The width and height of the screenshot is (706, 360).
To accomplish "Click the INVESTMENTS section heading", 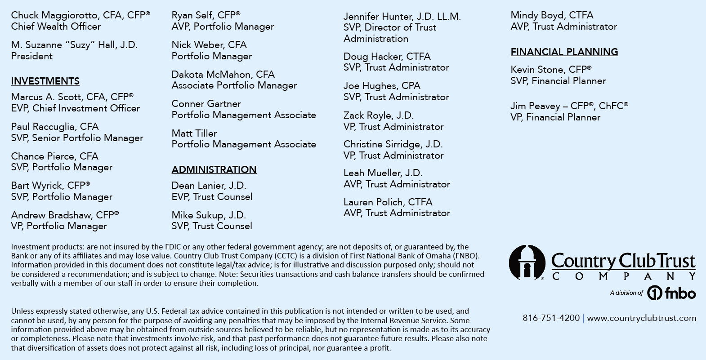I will (45, 81).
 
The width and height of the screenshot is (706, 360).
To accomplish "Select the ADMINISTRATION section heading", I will (214, 170).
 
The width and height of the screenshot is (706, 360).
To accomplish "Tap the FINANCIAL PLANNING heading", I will (564, 52).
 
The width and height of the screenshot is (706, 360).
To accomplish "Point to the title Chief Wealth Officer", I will (56, 27).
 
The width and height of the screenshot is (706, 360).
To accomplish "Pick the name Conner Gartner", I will (206, 104).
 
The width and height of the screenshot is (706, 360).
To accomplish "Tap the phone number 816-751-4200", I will (551, 318).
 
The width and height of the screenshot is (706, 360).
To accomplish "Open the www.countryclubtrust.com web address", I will (641, 318).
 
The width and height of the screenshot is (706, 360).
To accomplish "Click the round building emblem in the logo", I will (527, 262).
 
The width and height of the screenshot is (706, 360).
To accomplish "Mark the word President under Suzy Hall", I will (32, 56).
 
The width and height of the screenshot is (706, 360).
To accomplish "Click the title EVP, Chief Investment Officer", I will (76, 108).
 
